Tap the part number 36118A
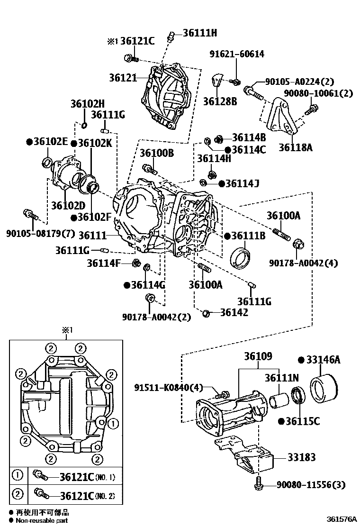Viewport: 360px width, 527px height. pos(295,147)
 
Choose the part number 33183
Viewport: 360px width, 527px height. pos(301,457)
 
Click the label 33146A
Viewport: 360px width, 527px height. pos(324,360)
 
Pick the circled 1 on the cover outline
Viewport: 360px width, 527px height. pos(113,422)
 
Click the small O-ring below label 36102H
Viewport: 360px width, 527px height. pos(84,125)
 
